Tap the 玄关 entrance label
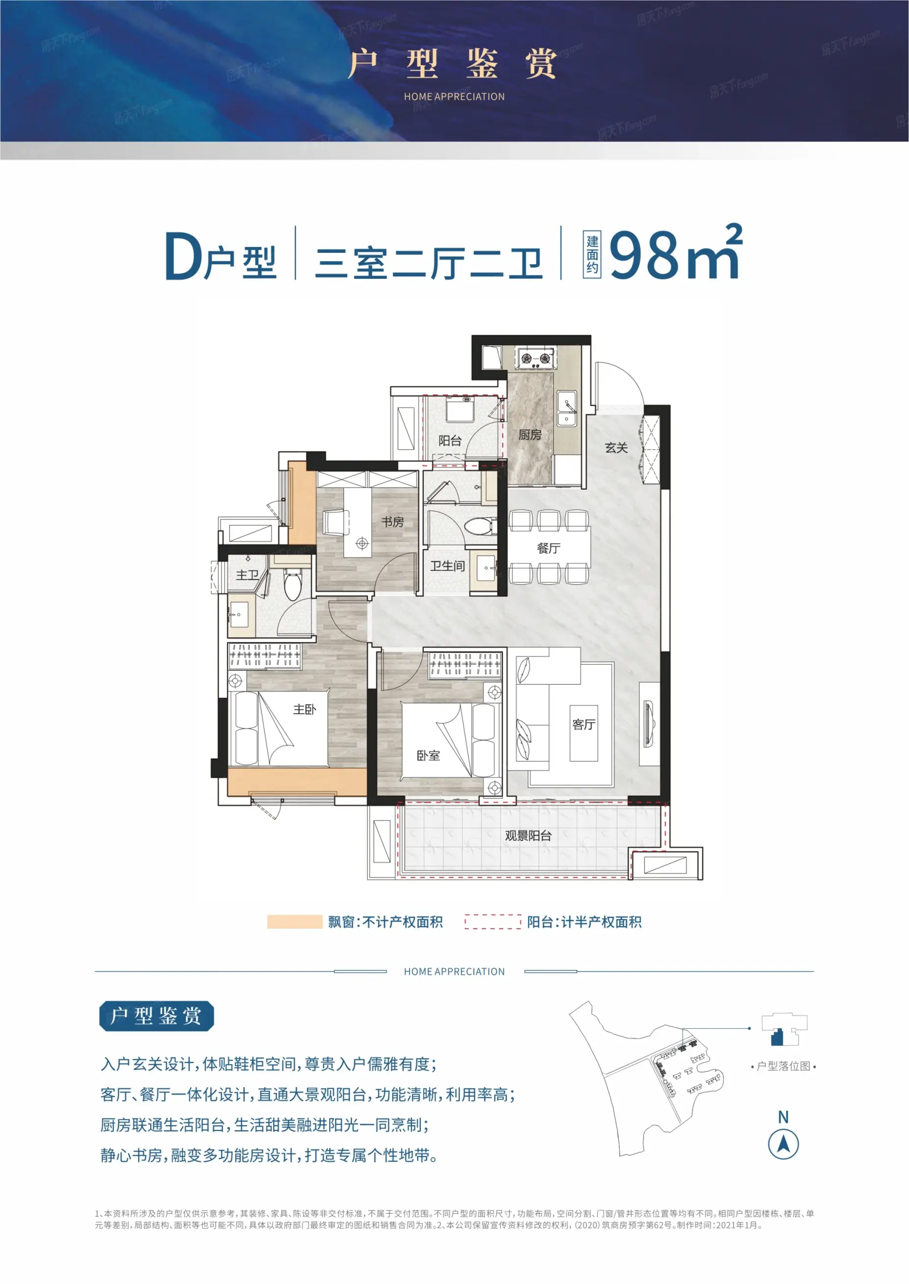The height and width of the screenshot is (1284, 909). [x=616, y=447]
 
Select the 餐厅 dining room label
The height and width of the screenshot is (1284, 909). [x=548, y=548]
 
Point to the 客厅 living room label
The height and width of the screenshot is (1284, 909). [x=584, y=725]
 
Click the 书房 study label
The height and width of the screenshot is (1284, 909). [x=392, y=522]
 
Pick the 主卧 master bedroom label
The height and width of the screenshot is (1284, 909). [x=305, y=710]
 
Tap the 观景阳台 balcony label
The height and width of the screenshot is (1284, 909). [x=528, y=836]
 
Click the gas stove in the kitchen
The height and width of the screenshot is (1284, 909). [x=536, y=358]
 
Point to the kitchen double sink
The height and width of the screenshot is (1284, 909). [x=567, y=409]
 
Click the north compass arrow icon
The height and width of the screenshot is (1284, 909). [x=783, y=1144]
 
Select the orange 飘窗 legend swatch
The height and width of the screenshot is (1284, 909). [x=295, y=922]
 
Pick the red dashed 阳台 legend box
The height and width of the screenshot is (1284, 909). [x=493, y=922]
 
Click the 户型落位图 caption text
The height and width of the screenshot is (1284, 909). [x=783, y=1066]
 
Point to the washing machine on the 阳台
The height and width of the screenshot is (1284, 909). [x=460, y=409]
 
